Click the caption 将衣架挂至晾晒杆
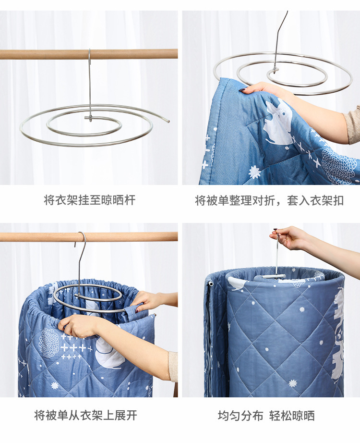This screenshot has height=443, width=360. click(89, 200)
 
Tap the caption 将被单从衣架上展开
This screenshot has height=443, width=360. click(86, 415)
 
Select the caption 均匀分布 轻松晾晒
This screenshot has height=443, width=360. click(266, 416)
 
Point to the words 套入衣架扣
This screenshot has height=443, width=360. click(315, 200)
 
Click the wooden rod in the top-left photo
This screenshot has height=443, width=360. click(89, 54)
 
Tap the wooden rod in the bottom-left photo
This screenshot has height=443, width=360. click(89, 237)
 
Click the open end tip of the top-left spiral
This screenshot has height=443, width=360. click(168, 121)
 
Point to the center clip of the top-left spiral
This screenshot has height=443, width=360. click(89, 118)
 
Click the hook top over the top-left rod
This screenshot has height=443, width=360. click(89, 51)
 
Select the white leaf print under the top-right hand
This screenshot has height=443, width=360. click(278, 122)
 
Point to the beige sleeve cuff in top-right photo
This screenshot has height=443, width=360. click(353, 124)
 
